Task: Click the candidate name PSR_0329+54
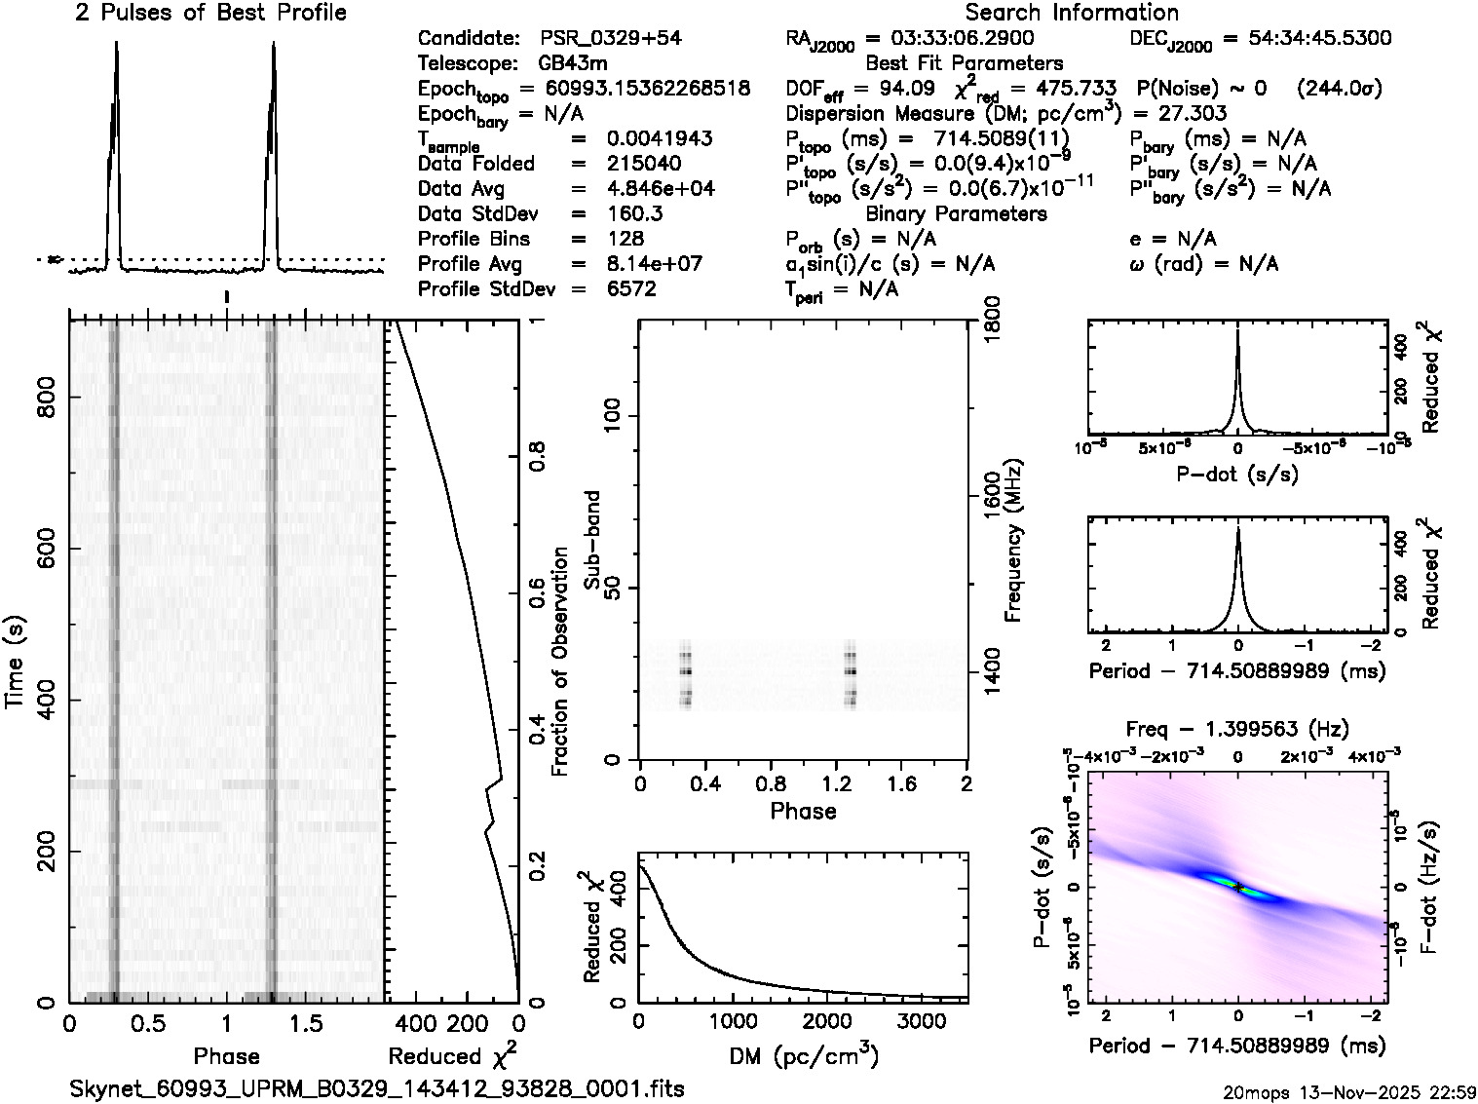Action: pyautogui.click(x=610, y=39)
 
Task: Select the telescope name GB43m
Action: pyautogui.click(x=573, y=63)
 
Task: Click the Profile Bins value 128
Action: pyautogui.click(x=625, y=239)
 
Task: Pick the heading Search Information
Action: pyautogui.click(x=1072, y=13)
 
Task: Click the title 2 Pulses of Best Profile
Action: pyautogui.click(x=210, y=13)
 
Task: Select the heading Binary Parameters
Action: pyautogui.click(x=956, y=213)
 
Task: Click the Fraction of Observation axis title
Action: pyautogui.click(x=560, y=662)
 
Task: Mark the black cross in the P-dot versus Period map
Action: pyautogui.click(x=1237, y=887)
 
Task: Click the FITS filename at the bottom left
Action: pyautogui.click(x=377, y=1088)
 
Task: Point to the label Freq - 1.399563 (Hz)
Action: pyautogui.click(x=1237, y=729)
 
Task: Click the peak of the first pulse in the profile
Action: pyautogui.click(x=117, y=43)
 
